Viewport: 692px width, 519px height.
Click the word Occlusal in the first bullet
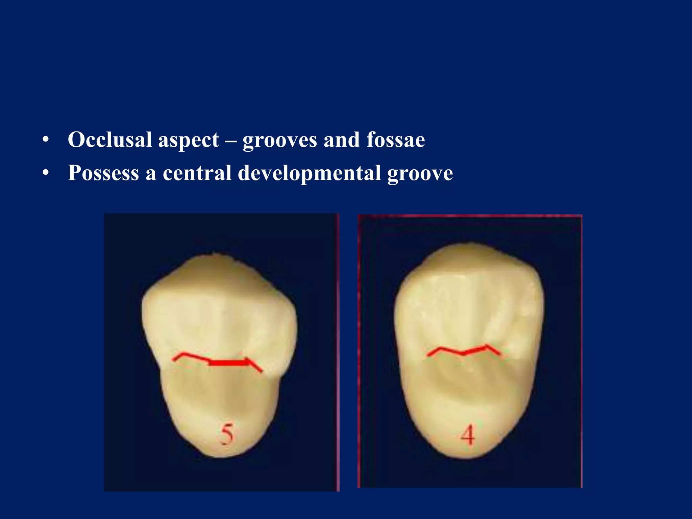[x=110, y=140]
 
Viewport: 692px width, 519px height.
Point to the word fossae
[x=396, y=140]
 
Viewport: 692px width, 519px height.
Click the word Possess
[x=103, y=173]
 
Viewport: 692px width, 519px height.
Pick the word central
[x=197, y=173]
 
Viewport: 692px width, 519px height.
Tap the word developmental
[x=309, y=174]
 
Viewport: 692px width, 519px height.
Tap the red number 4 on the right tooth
[x=468, y=435]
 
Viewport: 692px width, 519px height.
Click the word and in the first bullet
[x=342, y=140]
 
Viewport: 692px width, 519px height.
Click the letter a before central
[x=151, y=174]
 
